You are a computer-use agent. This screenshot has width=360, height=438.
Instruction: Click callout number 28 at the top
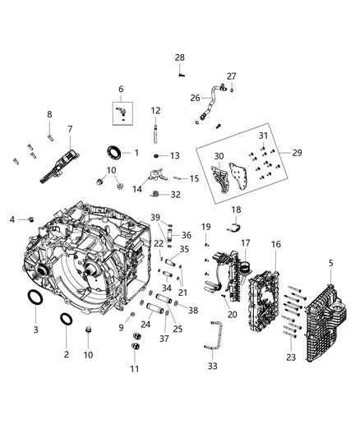[179, 57]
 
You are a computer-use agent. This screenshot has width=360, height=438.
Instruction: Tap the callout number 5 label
[331, 263]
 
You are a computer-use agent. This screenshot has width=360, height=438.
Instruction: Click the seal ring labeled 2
[67, 320]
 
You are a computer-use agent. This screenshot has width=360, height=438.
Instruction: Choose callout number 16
[276, 244]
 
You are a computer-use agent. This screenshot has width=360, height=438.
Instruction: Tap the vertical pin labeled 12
[155, 132]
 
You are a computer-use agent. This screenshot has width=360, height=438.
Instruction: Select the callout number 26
[195, 98]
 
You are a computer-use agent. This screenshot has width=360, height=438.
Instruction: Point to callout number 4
[12, 219]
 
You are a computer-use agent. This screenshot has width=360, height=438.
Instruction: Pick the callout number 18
[236, 211]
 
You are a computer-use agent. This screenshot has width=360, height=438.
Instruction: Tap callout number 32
[175, 195]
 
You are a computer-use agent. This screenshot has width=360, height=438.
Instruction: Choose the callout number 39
[155, 216]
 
